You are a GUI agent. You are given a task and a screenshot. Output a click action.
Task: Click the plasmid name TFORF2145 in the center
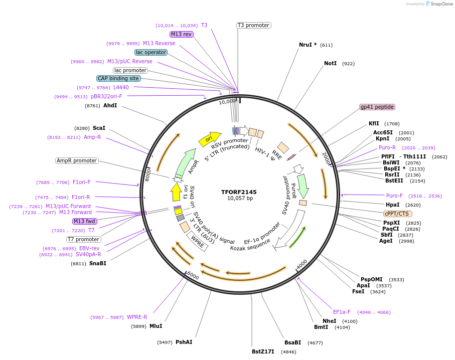point(239,192)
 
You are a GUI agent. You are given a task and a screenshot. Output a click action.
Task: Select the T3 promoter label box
point(253,25)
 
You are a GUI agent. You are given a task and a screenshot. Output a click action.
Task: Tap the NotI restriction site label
point(330,64)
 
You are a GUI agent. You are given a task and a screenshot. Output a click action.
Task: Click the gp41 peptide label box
point(377,107)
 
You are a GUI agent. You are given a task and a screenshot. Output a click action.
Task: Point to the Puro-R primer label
point(387,147)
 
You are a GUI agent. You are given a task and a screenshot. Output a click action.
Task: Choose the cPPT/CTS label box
point(397,214)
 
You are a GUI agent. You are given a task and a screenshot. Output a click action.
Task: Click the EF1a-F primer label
point(342,312)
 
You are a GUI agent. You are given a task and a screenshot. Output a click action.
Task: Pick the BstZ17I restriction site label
point(263,351)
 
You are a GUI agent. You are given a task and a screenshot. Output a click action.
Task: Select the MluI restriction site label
point(156,326)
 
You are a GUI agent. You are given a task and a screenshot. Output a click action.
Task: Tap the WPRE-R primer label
point(137,317)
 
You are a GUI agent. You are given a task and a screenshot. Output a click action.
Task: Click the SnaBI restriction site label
point(98,263)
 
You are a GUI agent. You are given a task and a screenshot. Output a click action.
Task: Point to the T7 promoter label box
point(83,239)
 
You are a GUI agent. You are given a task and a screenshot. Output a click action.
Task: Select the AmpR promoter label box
point(77,161)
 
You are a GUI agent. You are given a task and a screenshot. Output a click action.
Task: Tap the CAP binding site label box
point(118,79)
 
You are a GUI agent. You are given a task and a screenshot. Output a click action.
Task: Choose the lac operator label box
point(151,52)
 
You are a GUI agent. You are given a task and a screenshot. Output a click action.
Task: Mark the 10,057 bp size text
point(239,199)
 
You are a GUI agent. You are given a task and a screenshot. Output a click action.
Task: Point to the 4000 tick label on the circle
point(301,263)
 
